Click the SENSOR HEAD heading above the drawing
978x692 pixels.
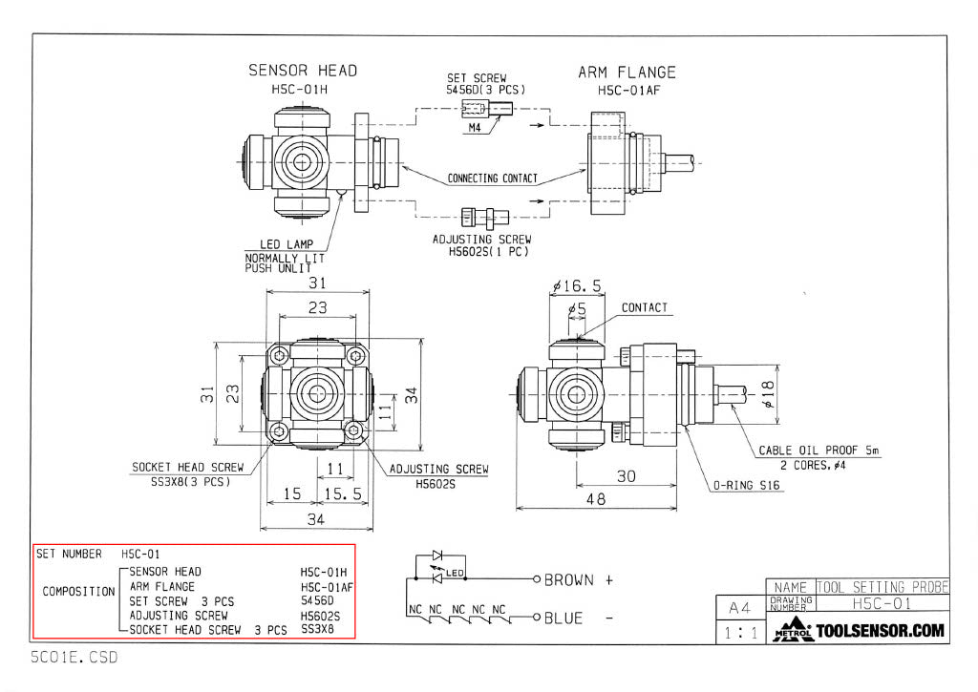click(x=303, y=71)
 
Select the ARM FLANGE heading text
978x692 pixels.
click(x=627, y=73)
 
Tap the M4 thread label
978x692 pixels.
click(x=475, y=128)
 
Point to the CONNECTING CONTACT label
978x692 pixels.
click(x=493, y=178)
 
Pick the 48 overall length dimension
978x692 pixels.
click(x=595, y=498)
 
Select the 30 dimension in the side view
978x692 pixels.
click(x=626, y=476)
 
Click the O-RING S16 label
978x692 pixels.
click(x=748, y=485)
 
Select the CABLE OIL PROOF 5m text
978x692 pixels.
click(x=819, y=451)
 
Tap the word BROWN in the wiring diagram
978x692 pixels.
click(x=569, y=579)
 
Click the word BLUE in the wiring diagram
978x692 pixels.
click(x=563, y=619)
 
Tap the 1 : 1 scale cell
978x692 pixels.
click(x=739, y=632)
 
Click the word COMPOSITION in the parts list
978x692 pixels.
click(x=78, y=592)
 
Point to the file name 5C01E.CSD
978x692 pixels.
click(x=74, y=658)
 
